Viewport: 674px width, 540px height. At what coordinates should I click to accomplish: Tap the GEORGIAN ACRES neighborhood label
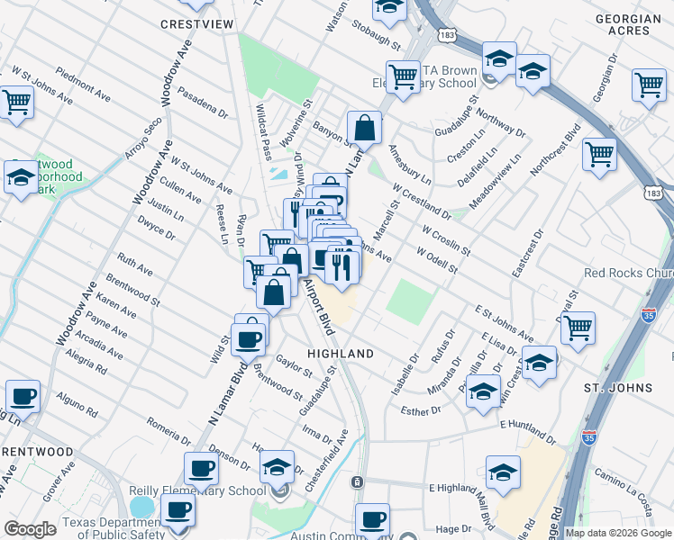click(x=633, y=24)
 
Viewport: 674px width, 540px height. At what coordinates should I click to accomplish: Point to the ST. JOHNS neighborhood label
click(x=617, y=388)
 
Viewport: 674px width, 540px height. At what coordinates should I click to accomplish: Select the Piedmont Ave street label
click(x=82, y=80)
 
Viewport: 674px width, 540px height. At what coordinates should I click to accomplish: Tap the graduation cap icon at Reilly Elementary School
click(x=278, y=467)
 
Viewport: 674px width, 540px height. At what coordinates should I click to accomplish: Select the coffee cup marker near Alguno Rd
click(x=23, y=395)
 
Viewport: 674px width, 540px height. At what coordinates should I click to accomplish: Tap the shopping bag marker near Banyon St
click(x=363, y=127)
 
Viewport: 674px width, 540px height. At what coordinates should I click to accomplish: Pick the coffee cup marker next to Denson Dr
click(x=202, y=468)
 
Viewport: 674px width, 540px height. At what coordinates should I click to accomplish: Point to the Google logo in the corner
click(x=30, y=529)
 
